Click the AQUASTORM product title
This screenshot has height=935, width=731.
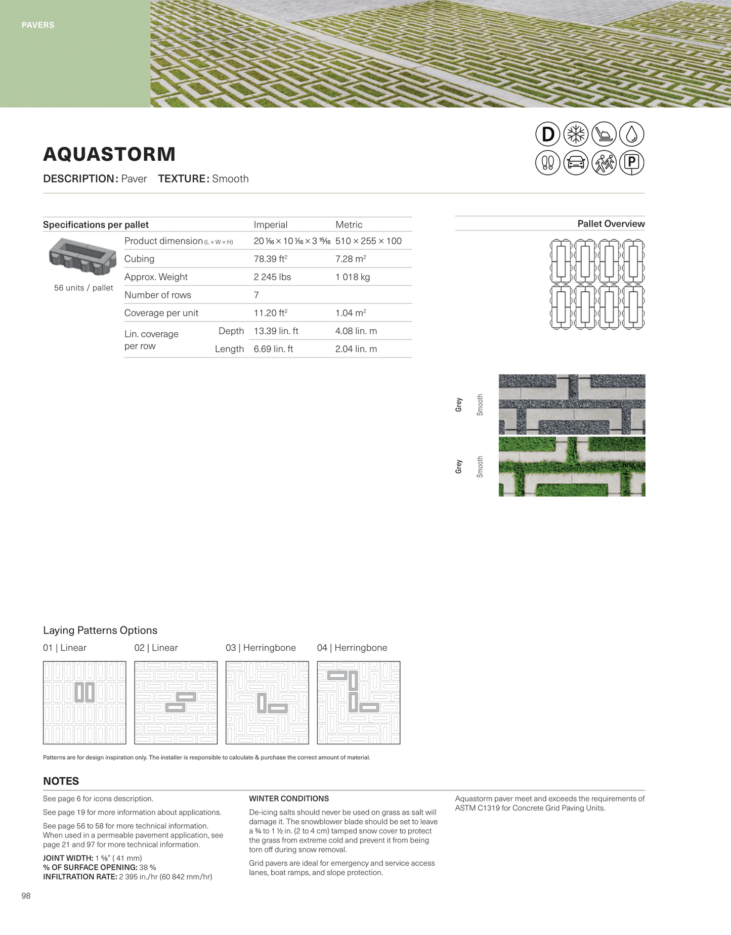pos(109,154)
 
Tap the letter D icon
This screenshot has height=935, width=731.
pos(548,135)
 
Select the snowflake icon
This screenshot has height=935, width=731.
pos(576,135)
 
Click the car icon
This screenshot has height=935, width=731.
pos(576,163)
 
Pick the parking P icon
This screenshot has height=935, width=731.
pos(631,163)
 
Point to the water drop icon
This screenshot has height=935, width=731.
pos(631,135)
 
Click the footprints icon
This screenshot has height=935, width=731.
pos(548,163)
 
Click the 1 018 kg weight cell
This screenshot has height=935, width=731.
pos(353,277)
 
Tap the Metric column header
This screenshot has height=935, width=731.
pos(349,225)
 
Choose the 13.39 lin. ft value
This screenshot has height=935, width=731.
pos(276,331)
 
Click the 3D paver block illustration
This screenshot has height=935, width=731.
pos(82,256)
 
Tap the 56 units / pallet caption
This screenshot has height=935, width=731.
pos(83,288)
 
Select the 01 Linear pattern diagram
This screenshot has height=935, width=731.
pos(84,702)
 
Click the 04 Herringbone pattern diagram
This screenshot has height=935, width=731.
pos(358,702)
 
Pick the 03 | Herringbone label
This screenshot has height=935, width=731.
pos(261,648)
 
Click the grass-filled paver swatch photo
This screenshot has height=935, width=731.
pos(572,466)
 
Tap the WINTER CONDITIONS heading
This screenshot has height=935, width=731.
pos(289,798)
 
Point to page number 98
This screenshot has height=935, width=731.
pos(26,896)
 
